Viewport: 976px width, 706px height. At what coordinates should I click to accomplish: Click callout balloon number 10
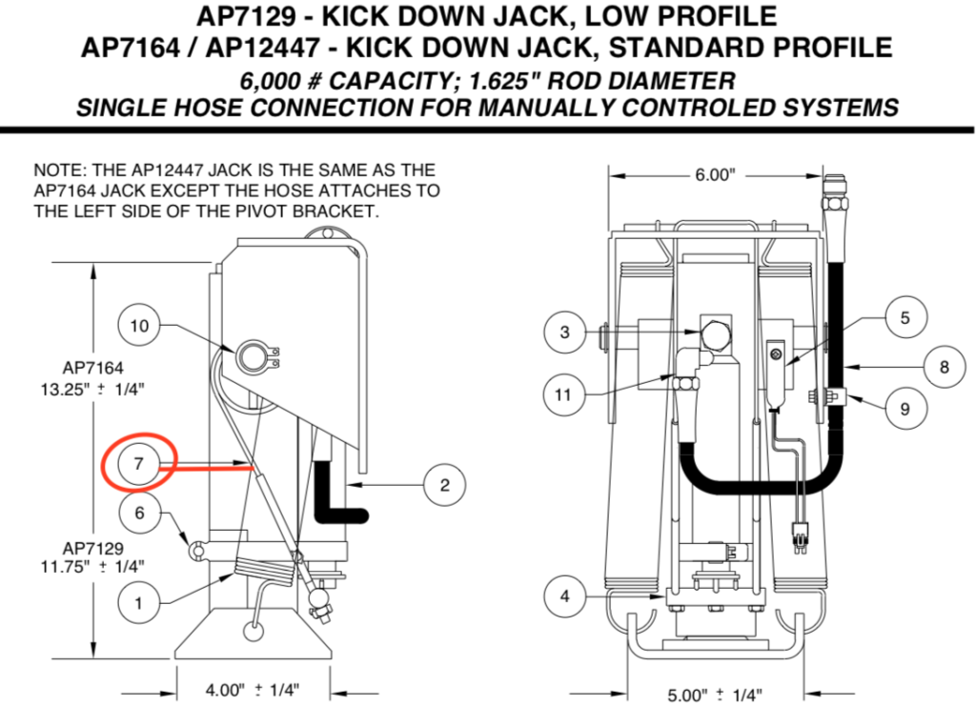coord(140,326)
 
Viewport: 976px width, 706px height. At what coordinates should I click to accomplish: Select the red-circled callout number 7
coord(139,464)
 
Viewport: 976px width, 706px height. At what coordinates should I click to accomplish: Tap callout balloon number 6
coord(139,513)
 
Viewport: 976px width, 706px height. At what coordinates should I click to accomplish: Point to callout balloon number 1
coord(139,602)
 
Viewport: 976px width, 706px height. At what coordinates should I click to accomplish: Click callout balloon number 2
coord(444,485)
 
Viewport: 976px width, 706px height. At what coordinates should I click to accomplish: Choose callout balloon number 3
coord(565,332)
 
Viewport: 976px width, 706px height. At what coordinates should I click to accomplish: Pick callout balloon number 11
coord(565,392)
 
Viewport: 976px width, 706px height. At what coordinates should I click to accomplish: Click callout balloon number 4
coord(565,596)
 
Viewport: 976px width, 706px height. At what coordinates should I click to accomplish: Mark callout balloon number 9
coord(905,409)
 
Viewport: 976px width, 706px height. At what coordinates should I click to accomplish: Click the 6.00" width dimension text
coord(714,175)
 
